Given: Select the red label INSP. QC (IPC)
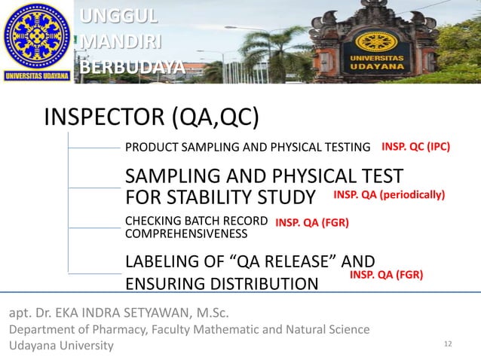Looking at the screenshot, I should (415, 147).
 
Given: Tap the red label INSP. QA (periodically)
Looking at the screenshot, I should (389, 195).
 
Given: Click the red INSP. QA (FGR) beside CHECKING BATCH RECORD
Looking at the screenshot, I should (311, 223).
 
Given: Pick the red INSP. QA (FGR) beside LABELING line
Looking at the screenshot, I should (386, 276).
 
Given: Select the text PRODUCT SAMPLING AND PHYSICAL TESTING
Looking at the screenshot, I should (247, 148).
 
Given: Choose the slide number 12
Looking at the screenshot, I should (449, 344).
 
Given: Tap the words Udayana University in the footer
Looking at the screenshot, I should (61, 345).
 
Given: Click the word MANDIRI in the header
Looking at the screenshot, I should (121, 41).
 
